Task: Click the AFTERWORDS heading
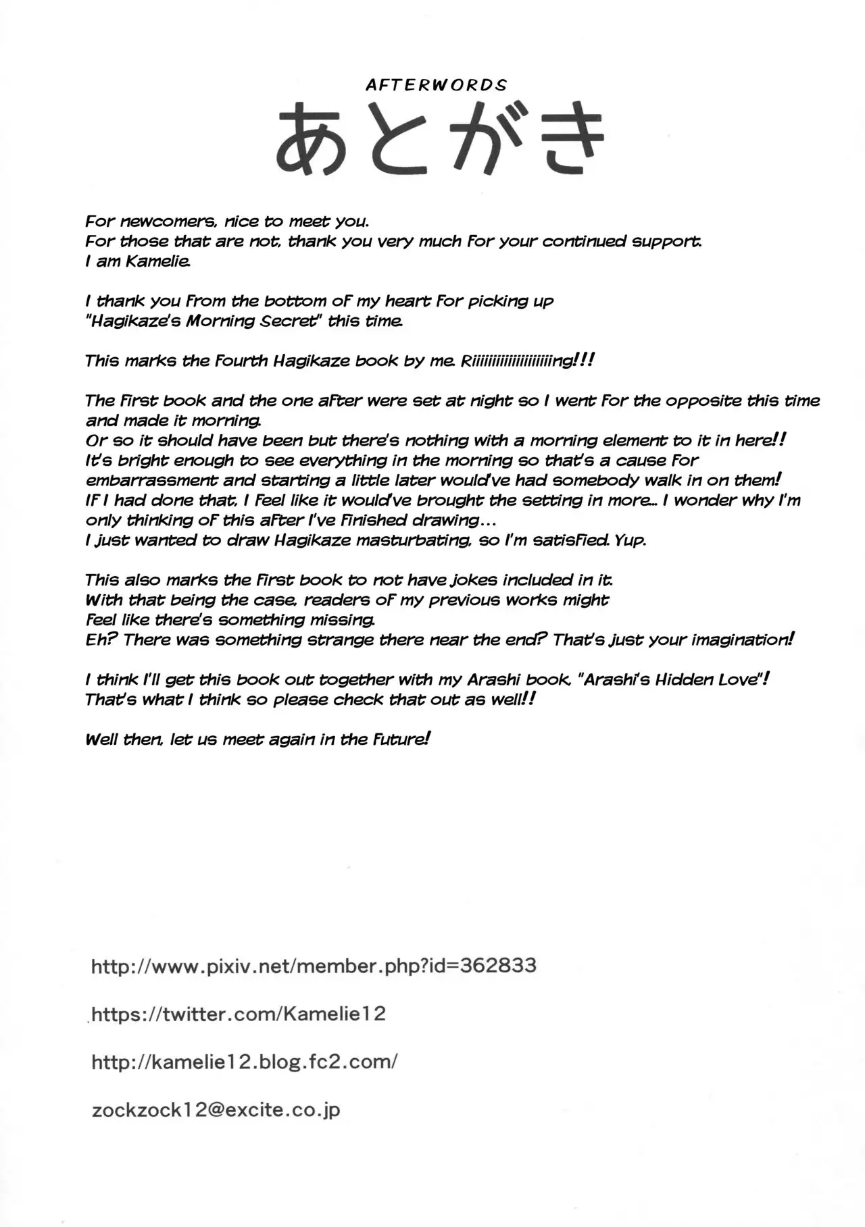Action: [436, 85]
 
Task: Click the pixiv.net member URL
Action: [314, 966]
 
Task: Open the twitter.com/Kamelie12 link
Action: [238, 1014]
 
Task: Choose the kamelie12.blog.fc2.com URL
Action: [244, 1062]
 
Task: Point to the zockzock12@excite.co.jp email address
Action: [216, 1109]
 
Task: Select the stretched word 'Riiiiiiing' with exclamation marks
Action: [526, 361]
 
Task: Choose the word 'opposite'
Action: [704, 401]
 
